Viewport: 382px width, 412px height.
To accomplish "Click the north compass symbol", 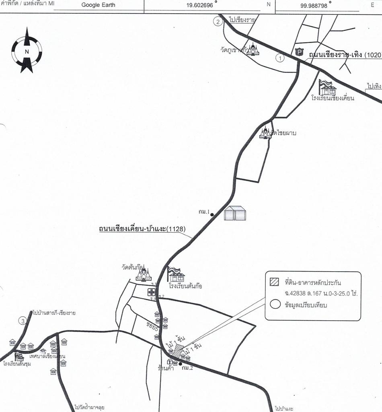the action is point(27,51).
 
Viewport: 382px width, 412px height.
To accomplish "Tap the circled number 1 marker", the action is point(280,58).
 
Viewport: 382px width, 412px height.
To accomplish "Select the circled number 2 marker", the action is point(218,22).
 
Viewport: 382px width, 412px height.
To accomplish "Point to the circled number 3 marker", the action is point(23,321).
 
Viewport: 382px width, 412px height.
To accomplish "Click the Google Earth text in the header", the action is point(98,5).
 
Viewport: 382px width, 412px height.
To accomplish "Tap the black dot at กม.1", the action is point(212,214).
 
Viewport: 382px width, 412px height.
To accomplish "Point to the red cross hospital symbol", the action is point(152,292).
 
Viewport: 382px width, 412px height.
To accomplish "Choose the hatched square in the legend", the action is point(275,282).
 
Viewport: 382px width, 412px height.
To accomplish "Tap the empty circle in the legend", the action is point(275,305).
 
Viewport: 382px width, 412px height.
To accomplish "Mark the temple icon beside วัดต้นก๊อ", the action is point(144,274).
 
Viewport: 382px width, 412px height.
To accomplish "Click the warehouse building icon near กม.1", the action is point(235,213).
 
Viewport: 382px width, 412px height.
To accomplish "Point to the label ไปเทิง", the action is point(374,86).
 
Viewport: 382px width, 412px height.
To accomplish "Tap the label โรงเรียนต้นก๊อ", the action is point(185,286).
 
